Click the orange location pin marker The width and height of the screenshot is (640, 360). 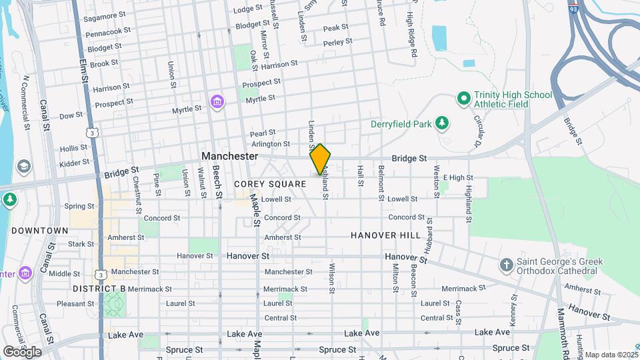point(320,159)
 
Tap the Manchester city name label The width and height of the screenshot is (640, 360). point(229,156)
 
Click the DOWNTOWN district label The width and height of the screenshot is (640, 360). point(39,231)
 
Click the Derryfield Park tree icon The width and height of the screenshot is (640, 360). point(441,123)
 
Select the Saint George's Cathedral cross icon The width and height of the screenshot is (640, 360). point(506,265)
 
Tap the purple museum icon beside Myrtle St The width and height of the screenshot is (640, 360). point(216,102)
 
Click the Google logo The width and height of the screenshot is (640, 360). point(22,351)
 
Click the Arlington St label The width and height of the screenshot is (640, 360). point(271,144)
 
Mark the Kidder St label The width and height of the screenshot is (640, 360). point(74,163)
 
